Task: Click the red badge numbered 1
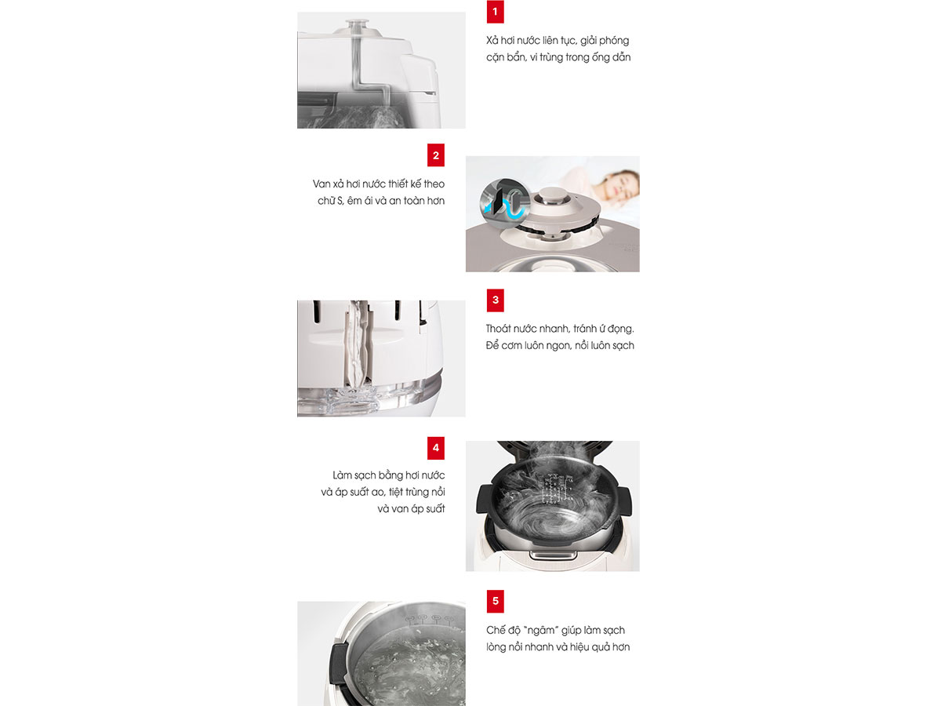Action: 495,12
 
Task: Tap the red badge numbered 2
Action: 435,155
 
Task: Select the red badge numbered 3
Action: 495,300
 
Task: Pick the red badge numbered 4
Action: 435,448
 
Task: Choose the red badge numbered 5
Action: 495,601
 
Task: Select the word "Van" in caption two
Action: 322,184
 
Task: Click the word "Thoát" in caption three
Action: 499,329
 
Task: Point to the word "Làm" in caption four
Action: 343,475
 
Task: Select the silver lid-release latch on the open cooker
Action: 553,555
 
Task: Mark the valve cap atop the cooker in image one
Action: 358,25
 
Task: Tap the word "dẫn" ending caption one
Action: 621,57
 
